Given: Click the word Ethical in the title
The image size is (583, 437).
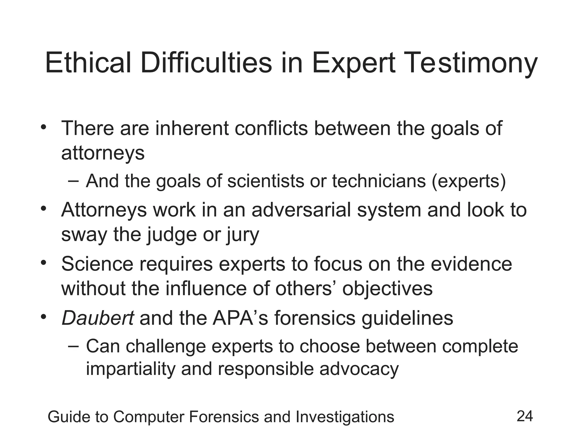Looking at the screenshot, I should [x=88, y=63].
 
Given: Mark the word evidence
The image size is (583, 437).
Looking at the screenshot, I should [x=471, y=264].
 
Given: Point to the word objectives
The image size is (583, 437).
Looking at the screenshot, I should [x=387, y=288].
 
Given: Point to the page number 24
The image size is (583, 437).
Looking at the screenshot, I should [x=525, y=416].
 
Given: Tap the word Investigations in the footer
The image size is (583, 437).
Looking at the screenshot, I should [x=345, y=417].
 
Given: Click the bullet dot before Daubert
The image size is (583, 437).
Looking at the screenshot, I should [x=43, y=316].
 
